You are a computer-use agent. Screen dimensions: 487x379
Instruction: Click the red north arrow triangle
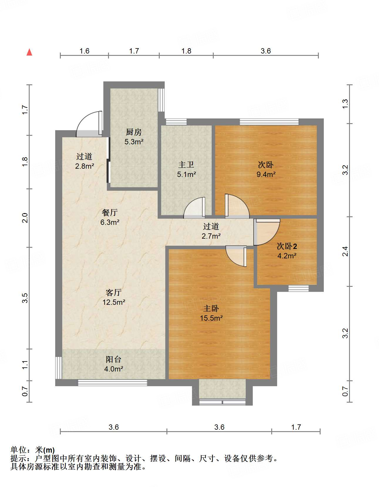tap(29, 52)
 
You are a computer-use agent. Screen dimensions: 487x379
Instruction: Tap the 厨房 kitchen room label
tap(134, 132)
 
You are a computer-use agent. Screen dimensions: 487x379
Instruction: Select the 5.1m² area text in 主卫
tap(186, 175)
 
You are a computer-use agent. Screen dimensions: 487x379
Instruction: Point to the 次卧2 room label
tap(287, 246)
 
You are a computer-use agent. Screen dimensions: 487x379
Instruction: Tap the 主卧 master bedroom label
tap(211, 309)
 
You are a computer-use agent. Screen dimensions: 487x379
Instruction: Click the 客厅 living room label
tap(114, 292)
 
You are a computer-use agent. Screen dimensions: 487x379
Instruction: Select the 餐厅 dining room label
tap(110, 212)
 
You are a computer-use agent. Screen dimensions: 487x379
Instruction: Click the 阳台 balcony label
tap(114, 359)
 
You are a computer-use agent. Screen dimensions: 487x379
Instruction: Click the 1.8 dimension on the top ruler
tap(186, 51)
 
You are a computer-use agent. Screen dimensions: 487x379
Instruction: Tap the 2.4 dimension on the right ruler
tap(345, 251)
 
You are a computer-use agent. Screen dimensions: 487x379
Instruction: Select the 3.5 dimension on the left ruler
tap(25, 298)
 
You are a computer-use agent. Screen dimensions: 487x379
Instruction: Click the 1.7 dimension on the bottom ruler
tap(296, 427)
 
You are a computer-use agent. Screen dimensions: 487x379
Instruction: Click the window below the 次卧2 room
tap(298, 288)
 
